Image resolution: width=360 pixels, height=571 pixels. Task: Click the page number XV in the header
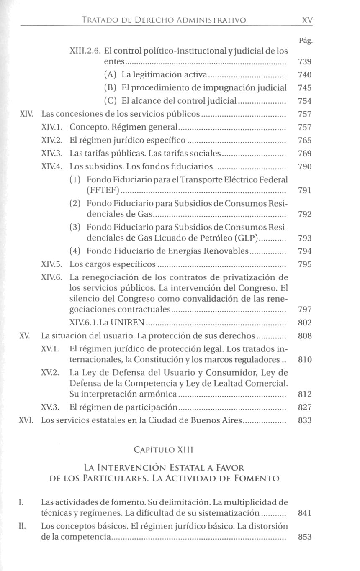tap(307, 20)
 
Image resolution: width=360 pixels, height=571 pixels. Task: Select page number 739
tap(304, 62)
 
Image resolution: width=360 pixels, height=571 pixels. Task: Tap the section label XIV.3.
tap(52, 154)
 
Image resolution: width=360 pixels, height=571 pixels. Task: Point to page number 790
tap(304, 167)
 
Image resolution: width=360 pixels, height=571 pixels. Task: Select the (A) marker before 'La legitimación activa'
tap(111, 75)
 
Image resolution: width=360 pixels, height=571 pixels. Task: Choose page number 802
tap(304, 323)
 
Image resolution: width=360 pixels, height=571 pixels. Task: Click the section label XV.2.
tap(50, 372)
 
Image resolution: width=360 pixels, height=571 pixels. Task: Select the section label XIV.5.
tap(52, 264)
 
